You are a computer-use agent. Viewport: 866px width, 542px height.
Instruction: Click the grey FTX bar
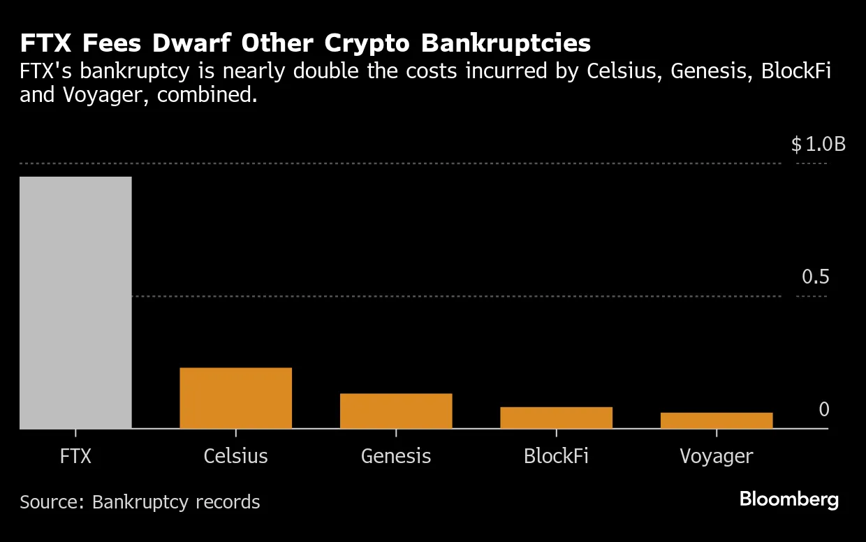coord(75,302)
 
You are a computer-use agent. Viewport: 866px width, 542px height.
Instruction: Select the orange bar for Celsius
coord(235,398)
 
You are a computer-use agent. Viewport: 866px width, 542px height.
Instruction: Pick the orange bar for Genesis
coord(396,411)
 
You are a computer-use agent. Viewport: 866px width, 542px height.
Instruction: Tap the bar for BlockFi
coord(556,418)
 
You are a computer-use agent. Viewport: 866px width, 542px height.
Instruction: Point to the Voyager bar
coord(717,420)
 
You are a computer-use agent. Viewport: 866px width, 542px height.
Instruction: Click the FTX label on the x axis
coord(75,457)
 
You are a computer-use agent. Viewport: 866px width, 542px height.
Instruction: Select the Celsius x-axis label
coord(235,457)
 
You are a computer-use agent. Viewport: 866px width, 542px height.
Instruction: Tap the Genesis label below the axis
coord(396,457)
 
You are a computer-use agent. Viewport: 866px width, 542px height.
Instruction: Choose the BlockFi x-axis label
coord(556,457)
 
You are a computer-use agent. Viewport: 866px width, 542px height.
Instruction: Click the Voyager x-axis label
coord(717,457)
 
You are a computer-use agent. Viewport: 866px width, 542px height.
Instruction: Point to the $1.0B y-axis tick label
coord(818,145)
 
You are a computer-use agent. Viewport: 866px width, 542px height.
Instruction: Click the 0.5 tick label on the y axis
coord(815,277)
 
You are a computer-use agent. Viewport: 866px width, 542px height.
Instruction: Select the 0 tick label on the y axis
coord(823,409)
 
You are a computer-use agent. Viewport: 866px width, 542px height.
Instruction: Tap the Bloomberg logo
coord(788,499)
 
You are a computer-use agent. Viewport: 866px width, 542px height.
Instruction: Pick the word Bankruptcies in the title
coord(506,43)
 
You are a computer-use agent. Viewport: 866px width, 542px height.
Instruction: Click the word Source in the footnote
coord(50,502)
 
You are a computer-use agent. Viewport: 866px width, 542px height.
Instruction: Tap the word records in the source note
coord(228,502)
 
